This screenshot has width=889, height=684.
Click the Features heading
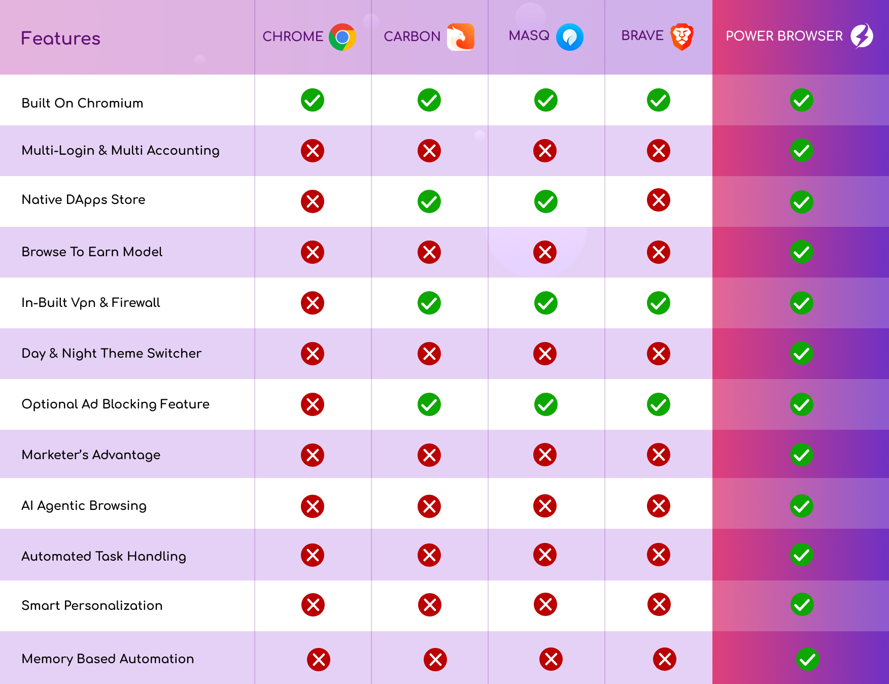pos(60,39)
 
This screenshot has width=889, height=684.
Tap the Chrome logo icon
pos(343,37)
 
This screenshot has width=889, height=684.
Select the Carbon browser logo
pos(461,37)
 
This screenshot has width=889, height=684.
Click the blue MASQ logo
pos(569,37)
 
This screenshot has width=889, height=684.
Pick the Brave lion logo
pos(681,37)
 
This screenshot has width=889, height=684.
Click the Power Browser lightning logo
pos(862,36)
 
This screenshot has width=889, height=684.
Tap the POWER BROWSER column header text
pos(784,36)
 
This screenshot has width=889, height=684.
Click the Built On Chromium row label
pos(82,103)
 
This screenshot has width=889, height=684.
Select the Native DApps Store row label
pos(83,200)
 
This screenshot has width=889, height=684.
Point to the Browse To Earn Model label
pos(92,252)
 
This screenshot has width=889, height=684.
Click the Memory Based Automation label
pos(108,659)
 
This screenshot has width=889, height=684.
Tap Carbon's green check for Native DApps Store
pos(429,201)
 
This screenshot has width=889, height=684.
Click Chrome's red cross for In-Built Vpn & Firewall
pos(313,303)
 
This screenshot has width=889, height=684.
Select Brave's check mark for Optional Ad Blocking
pos(659,404)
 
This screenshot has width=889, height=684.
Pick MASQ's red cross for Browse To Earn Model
pos(545,252)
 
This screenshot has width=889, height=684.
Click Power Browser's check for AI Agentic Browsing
pos(802,506)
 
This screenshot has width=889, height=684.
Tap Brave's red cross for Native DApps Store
pos(659,200)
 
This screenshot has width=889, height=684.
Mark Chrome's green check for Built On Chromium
pos(313,100)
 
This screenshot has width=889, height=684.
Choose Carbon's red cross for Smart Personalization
pos(430,605)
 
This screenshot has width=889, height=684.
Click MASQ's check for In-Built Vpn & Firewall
pos(546,303)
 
